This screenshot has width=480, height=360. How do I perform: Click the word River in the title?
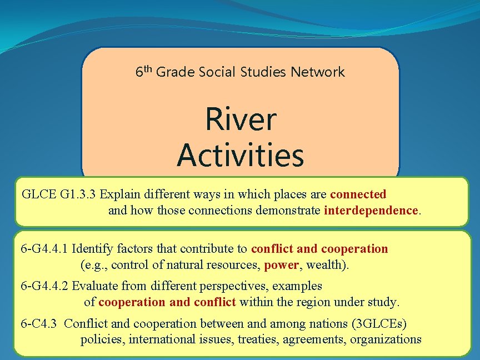pos(241,119)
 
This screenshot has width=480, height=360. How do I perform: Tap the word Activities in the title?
pos(241,156)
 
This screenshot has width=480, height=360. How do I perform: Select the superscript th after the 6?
pos(148,68)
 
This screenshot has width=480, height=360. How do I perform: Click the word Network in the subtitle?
pos(318,72)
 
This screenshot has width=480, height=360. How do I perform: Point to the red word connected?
pos(358,194)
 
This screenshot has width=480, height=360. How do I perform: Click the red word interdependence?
pos(371,211)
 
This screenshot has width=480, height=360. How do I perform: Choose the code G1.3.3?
pos(71,194)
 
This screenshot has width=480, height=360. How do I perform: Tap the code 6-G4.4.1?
pos(44,248)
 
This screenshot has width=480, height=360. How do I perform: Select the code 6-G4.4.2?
pos(44,286)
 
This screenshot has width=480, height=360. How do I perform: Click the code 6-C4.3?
pos(38,323)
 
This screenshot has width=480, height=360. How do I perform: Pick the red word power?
pos(281,265)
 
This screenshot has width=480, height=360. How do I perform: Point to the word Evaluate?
pos(94,286)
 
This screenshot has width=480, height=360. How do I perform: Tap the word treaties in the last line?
pos(256,339)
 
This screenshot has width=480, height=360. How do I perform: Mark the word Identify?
pos(93,248)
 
